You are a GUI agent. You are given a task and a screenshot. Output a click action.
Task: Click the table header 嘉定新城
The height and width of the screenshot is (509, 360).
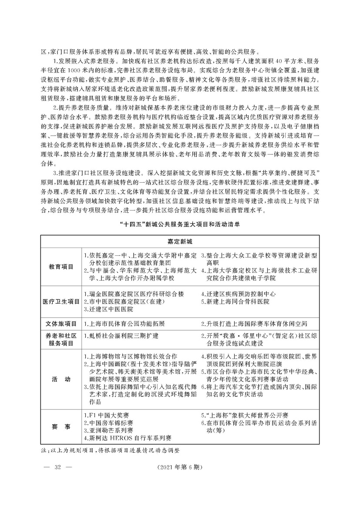(180, 241)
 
